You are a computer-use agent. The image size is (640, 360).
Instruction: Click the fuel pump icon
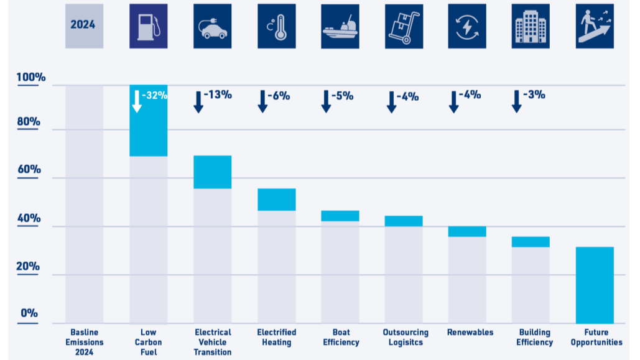pyautogui.click(x=149, y=27)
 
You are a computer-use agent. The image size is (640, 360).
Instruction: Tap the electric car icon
pyautogui.click(x=213, y=27)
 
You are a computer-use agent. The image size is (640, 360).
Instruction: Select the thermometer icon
pyautogui.click(x=277, y=27)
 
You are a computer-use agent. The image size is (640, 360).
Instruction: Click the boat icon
pyautogui.click(x=340, y=27)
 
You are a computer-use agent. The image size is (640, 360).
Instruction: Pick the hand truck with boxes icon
pyautogui.click(x=404, y=27)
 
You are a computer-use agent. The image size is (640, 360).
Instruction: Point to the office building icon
pyautogui.click(x=531, y=27)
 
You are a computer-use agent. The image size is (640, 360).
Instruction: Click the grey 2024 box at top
pyautogui.click(x=84, y=27)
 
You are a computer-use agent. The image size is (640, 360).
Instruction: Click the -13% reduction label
pyautogui.click(x=218, y=95)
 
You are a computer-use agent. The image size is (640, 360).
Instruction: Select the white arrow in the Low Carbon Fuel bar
pyautogui.click(x=137, y=101)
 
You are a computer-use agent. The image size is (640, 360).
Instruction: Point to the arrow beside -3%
pyautogui.click(x=516, y=101)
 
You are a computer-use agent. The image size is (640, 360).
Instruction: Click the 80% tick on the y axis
pyautogui.click(x=29, y=122)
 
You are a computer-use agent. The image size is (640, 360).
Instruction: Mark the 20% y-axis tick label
pyautogui.click(x=28, y=267)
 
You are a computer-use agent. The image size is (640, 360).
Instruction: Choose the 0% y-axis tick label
pyautogui.click(x=29, y=313)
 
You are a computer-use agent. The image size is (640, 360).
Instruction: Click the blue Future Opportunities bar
pyautogui.click(x=595, y=285)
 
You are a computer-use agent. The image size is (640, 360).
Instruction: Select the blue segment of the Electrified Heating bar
pyautogui.click(x=277, y=200)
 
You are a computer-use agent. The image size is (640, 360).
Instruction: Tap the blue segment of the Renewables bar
pyautogui.click(x=467, y=231)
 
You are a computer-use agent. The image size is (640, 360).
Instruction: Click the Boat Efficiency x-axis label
pyautogui.click(x=341, y=337)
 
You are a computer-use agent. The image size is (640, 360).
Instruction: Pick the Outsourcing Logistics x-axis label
pyautogui.click(x=406, y=337)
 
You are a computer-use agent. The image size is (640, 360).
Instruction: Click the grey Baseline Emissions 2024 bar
pyautogui.click(x=84, y=204)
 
